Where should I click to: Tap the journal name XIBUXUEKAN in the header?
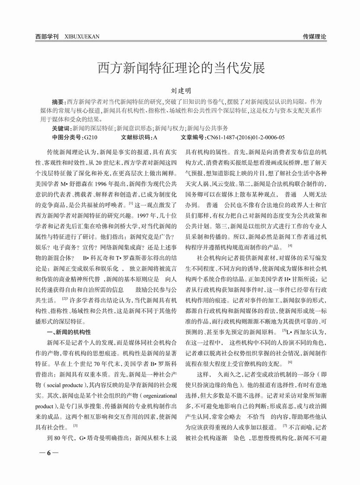(x=82, y=37)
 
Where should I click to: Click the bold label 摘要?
(x=58, y=102)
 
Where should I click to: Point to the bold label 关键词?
(x=61, y=128)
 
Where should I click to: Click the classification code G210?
(x=91, y=137)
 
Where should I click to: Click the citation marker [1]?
(x=131, y=202)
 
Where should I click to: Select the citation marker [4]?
(x=290, y=246)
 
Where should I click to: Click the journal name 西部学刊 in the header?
(x=46, y=37)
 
